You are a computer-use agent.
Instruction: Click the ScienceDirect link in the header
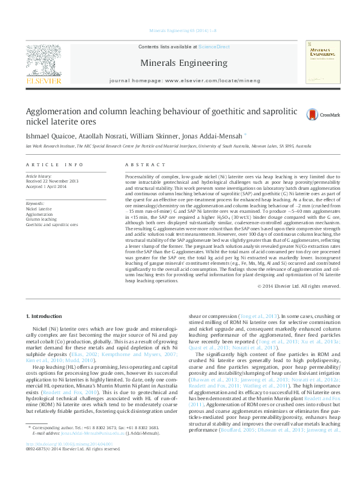pyautogui.click(x=215, y=47)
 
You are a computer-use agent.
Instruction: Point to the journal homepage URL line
pyautogui.click(x=185, y=80)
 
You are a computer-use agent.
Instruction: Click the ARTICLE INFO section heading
pyautogui.click(x=54, y=164)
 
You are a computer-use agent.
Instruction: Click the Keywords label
pyautogui.click(x=35, y=204)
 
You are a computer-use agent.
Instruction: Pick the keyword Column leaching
pyautogui.click(x=40, y=218)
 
